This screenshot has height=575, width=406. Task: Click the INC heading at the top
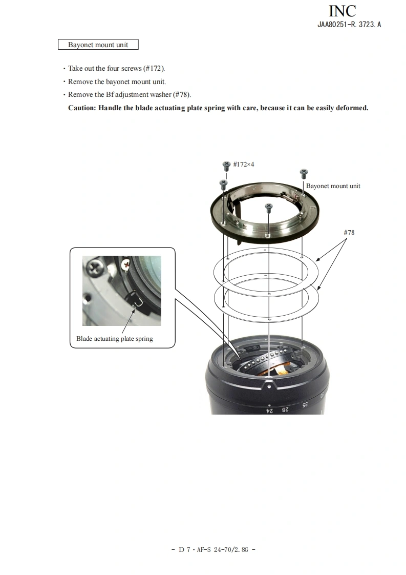342,11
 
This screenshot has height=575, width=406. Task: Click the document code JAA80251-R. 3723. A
349,25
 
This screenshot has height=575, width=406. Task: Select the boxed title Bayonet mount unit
98,45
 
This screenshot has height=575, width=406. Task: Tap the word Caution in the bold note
82,108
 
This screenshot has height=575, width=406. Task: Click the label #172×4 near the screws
244,165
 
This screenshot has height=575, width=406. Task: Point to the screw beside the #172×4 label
226,166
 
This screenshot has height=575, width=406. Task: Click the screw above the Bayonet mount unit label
304,173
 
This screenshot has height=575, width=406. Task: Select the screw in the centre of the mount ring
269,208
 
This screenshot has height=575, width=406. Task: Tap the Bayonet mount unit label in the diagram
333,186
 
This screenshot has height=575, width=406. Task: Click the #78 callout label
349,233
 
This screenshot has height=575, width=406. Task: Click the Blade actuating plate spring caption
115,338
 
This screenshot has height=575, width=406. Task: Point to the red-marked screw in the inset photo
126,263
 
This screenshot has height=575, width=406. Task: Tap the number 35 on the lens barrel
305,405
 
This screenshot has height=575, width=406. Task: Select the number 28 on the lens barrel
285,409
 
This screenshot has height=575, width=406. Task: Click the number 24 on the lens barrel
269,410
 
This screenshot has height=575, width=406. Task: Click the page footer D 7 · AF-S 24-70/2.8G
213,549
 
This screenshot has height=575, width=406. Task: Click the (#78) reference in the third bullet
182,95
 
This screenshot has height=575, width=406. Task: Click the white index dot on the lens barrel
270,386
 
